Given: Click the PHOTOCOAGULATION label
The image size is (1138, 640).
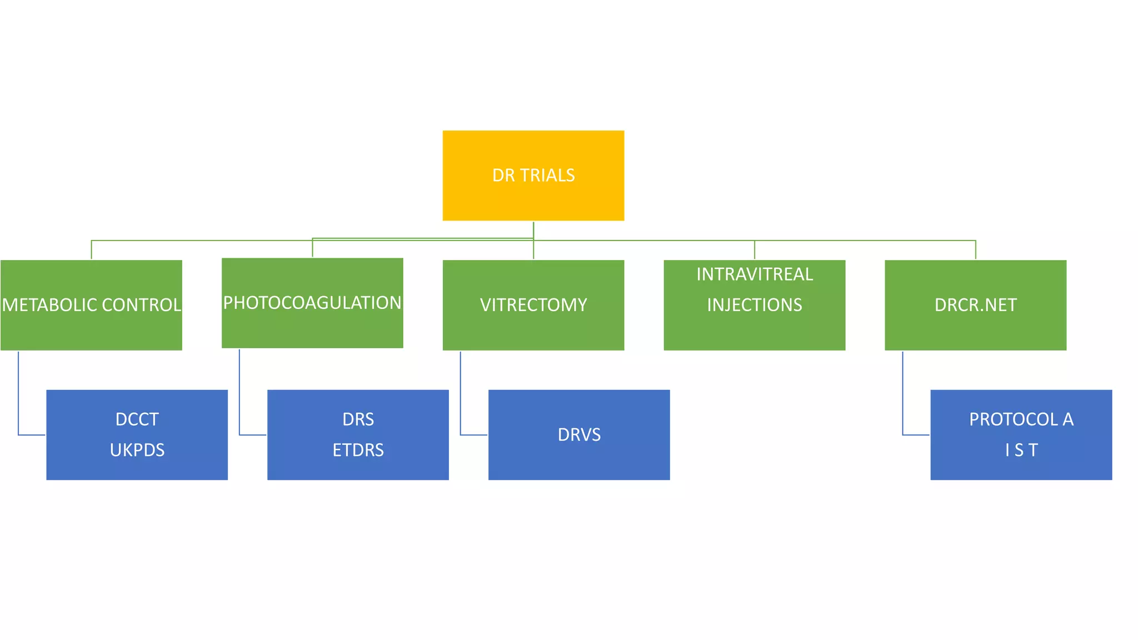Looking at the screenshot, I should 312,303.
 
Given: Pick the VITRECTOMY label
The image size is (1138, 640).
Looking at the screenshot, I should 533,305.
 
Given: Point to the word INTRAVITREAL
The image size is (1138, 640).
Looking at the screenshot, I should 754,274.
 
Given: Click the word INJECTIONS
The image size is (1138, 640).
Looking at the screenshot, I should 754,305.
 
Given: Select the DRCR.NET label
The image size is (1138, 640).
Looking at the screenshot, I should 975,305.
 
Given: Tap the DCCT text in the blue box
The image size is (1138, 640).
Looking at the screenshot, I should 137,419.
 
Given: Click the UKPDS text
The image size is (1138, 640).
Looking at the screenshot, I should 137,450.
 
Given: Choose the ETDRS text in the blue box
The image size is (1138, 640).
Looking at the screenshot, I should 358,450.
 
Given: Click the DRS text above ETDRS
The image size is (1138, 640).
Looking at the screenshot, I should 358,419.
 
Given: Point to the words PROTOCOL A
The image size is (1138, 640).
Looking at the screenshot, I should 1021,419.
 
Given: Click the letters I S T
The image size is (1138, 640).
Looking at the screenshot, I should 1021,450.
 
